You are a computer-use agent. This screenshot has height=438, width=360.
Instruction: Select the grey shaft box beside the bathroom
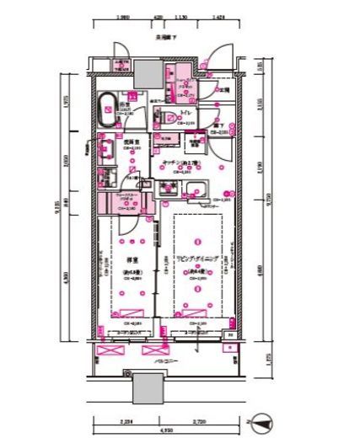tap(143, 70)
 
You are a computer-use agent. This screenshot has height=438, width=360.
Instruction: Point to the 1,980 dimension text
tap(123, 16)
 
